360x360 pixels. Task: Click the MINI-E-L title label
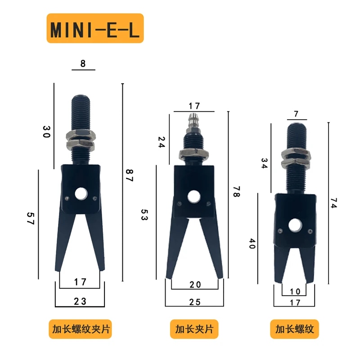[x=95, y=28]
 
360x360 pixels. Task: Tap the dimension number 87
[x=130, y=175]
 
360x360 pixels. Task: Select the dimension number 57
[x=31, y=218]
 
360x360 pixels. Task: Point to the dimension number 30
[x=46, y=131]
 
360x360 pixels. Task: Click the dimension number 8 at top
[x=83, y=63]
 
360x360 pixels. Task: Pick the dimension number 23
[x=80, y=301]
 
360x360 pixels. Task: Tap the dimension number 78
[x=237, y=192]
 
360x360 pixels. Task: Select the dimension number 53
[x=144, y=215]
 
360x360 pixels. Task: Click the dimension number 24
[x=162, y=142]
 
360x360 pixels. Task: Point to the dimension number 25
[x=195, y=302]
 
